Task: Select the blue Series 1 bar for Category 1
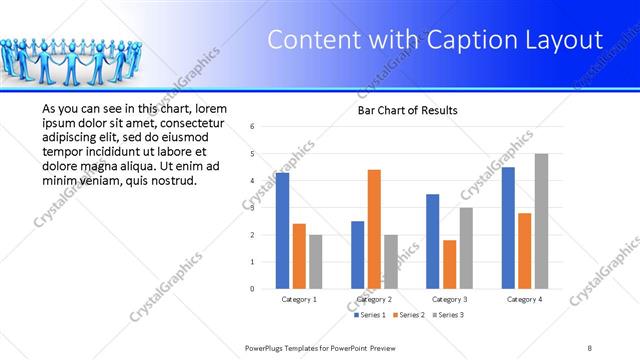[x=282, y=230]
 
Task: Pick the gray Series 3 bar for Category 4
[x=541, y=221]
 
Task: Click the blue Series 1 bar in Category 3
[x=432, y=241]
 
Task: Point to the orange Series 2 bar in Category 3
[x=449, y=264]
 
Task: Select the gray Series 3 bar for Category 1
[x=316, y=261]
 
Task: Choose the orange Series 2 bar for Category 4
[x=524, y=250]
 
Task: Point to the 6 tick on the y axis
[x=253, y=127]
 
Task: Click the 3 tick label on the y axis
[x=253, y=208]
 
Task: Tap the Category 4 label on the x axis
[x=524, y=299]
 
